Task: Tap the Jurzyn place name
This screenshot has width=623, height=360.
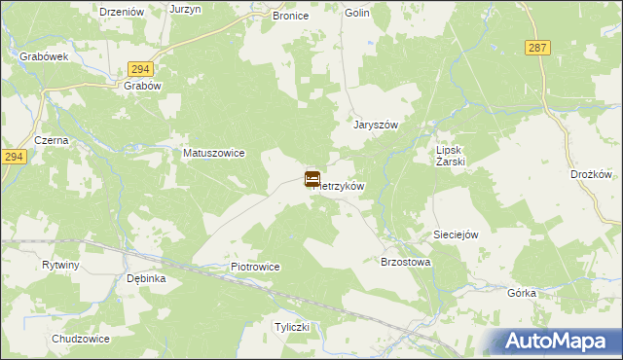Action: pyautogui.click(x=185, y=9)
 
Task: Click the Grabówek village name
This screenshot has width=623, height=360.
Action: pyautogui.click(x=44, y=56)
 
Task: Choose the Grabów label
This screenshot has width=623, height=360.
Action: pyautogui.click(x=142, y=85)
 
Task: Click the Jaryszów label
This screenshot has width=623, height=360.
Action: pyautogui.click(x=377, y=126)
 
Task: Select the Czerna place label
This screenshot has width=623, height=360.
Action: pyautogui.click(x=51, y=140)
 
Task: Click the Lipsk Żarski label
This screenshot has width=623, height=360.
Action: pyautogui.click(x=452, y=157)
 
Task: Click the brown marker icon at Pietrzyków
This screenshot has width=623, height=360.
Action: pyautogui.click(x=312, y=178)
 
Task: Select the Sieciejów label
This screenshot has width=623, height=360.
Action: pyautogui.click(x=457, y=235)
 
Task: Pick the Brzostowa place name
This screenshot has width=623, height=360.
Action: pyautogui.click(x=406, y=263)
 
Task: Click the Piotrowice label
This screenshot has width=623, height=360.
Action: pyautogui.click(x=255, y=267)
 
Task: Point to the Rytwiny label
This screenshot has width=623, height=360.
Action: pyautogui.click(x=60, y=265)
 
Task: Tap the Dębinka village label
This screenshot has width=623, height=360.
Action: pyautogui.click(x=147, y=278)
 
